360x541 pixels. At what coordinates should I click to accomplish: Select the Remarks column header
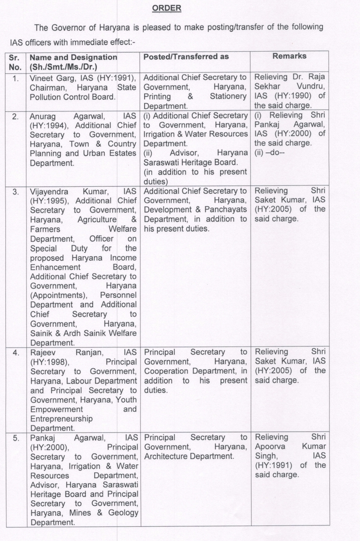tap(289, 56)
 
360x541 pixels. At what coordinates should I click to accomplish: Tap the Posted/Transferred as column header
tap(186, 57)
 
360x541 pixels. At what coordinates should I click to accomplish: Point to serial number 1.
tap(16, 78)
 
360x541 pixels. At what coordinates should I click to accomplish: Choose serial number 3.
tap(16, 192)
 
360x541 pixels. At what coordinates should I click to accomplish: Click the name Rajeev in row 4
tap(42, 352)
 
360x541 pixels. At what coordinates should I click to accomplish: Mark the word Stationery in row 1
tap(228, 96)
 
